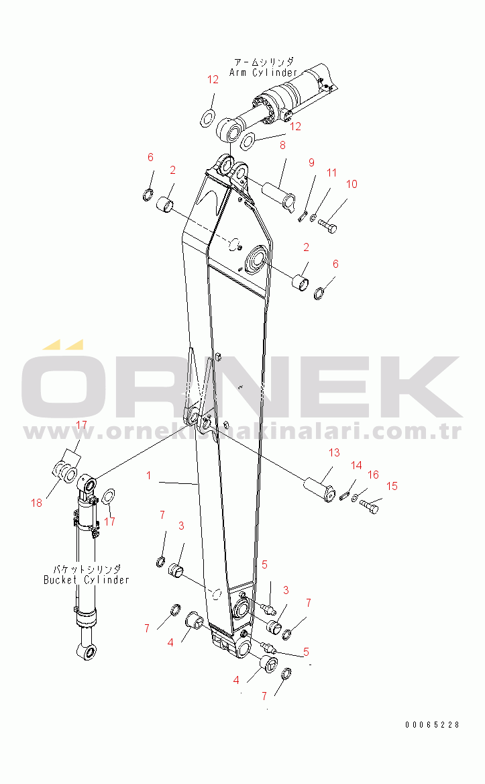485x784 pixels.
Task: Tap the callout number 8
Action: click(x=282, y=144)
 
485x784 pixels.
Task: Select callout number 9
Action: click(x=311, y=162)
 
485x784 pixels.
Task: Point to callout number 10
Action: click(x=352, y=185)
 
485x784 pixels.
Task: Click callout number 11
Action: click(x=332, y=173)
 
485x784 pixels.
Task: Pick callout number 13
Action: click(x=333, y=453)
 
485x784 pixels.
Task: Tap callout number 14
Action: click(x=356, y=465)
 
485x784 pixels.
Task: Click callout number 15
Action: click(x=392, y=486)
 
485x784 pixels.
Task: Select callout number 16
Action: click(x=373, y=475)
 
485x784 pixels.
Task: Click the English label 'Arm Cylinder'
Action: click(x=263, y=72)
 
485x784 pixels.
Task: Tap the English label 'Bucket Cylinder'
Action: click(x=87, y=579)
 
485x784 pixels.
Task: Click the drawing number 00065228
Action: click(x=433, y=724)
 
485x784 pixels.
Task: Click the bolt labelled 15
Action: click(x=370, y=509)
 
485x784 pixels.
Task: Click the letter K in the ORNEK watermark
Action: click(x=423, y=388)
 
